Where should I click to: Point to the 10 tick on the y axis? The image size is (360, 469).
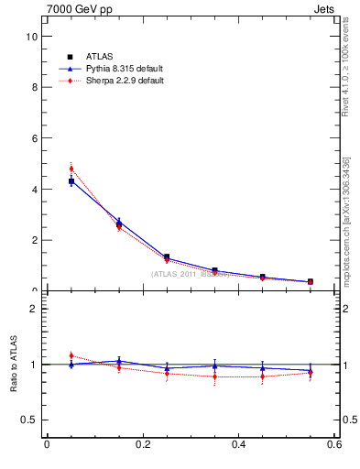pyautogui.click(x=32, y=37)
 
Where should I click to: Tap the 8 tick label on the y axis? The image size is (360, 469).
pyautogui.click(x=35, y=88)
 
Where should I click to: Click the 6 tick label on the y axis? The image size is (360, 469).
pyautogui.click(x=35, y=138)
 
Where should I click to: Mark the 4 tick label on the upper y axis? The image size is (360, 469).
pyautogui.click(x=35, y=190)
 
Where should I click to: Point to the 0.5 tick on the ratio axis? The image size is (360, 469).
pyautogui.click(x=31, y=420)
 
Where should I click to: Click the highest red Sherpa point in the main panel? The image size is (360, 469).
pyautogui.click(x=71, y=169)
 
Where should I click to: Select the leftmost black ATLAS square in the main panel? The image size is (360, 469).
pyautogui.click(x=71, y=181)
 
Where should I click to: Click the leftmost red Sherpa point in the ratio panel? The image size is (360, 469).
pyautogui.click(x=71, y=355)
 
